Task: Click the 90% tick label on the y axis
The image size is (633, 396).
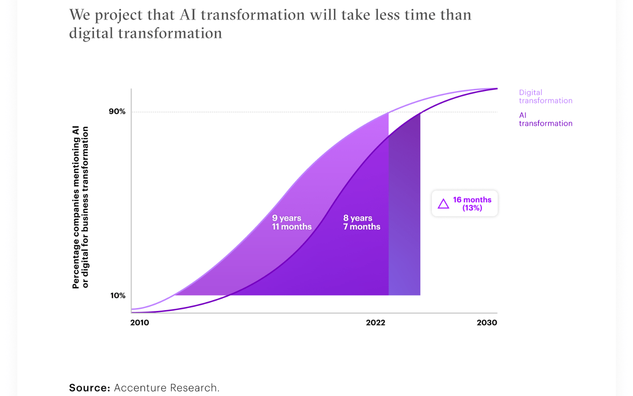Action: pyautogui.click(x=117, y=111)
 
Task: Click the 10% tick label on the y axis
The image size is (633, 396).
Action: pyautogui.click(x=117, y=295)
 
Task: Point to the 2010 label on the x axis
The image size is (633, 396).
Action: pyautogui.click(x=139, y=323)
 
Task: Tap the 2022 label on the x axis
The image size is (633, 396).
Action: pyautogui.click(x=375, y=323)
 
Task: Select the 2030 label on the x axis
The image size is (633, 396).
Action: pyautogui.click(x=487, y=323)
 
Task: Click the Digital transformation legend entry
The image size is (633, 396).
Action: pyautogui.click(x=545, y=96)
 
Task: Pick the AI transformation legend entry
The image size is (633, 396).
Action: pyautogui.click(x=545, y=119)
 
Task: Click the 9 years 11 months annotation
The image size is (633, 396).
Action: pyautogui.click(x=291, y=222)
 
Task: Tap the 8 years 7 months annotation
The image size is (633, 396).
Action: pyautogui.click(x=361, y=222)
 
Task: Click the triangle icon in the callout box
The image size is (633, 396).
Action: pyautogui.click(x=444, y=204)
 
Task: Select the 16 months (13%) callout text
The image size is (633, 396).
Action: pyautogui.click(x=472, y=204)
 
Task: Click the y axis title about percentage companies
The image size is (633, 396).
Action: pyautogui.click(x=80, y=207)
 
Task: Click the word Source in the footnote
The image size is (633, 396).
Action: pyautogui.click(x=89, y=388)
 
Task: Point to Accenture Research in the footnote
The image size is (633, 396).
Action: pyautogui.click(x=166, y=388)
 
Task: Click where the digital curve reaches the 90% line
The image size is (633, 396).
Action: pyautogui.click(x=389, y=112)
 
